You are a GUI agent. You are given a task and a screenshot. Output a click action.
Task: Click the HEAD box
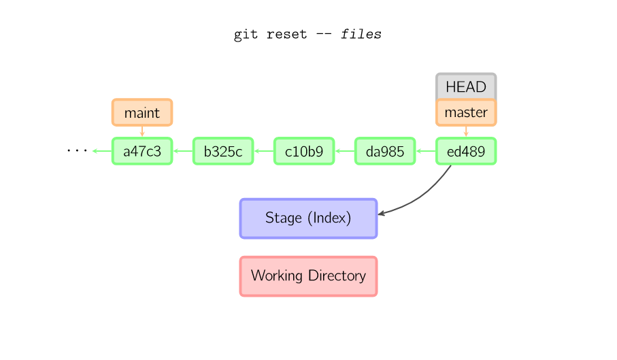466,86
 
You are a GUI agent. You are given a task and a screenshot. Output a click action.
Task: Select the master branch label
466,112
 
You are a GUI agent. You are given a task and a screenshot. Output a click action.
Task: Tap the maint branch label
142,112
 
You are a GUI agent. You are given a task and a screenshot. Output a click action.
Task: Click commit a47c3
142,151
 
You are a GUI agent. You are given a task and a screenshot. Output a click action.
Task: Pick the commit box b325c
223,151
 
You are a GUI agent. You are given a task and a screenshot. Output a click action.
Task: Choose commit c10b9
304,151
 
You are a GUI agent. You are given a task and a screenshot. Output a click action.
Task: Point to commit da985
385,151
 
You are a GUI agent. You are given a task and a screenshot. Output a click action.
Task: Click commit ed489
466,151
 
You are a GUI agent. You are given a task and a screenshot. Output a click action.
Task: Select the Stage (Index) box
308,218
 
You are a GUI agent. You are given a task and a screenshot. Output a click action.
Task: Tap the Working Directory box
308,276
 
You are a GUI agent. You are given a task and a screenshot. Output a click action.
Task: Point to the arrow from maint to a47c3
142,131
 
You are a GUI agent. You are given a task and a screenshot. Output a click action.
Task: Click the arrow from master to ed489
466,131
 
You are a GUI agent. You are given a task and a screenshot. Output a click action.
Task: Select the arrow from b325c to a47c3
182,151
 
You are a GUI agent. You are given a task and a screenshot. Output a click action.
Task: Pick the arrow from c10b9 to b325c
263,151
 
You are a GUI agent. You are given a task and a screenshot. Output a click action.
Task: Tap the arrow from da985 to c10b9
344,151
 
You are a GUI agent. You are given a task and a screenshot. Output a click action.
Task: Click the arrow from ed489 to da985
425,151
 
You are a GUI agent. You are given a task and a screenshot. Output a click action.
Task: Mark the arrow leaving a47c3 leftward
101,151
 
